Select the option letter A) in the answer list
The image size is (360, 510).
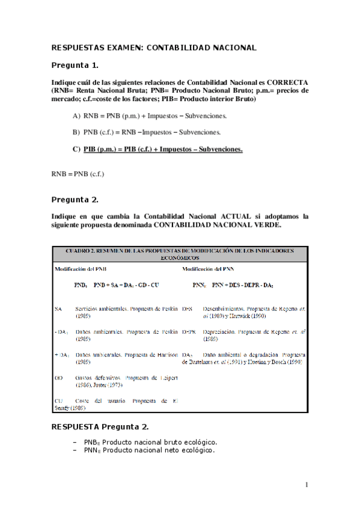click(76, 115)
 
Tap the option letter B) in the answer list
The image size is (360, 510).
click(76, 132)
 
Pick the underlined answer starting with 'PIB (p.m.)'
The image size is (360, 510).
click(162, 149)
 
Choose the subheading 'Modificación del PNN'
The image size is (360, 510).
click(208, 269)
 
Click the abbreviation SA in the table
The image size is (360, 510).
click(58, 309)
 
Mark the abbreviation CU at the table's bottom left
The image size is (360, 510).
click(58, 401)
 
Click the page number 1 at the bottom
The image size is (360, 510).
click(307, 485)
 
